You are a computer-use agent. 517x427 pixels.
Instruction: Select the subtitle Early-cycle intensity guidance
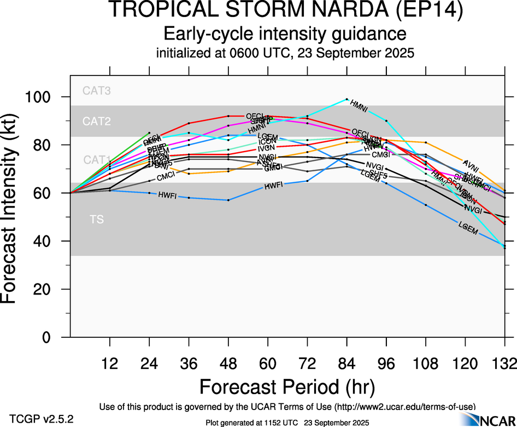(x=285, y=34)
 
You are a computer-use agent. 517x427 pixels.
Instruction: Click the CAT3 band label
(x=97, y=91)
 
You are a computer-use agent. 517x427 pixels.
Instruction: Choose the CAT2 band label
(x=97, y=122)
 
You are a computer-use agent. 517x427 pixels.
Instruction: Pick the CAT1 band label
(x=97, y=160)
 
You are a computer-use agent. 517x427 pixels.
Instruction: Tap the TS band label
(x=97, y=220)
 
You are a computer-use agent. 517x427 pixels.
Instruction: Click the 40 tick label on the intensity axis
(x=51, y=241)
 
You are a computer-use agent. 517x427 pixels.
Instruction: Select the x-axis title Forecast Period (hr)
(x=286, y=386)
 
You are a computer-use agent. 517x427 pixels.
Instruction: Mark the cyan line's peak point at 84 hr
(x=346, y=99)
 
